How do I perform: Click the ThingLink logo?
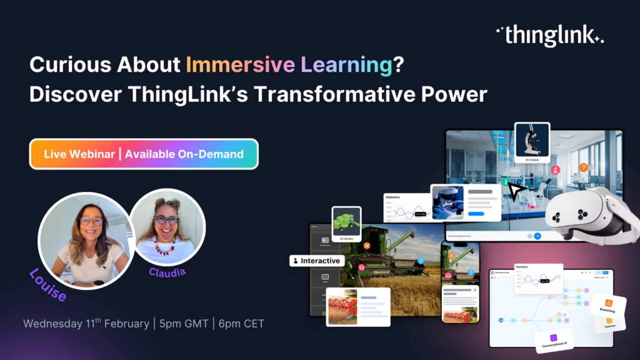pyautogui.click(x=549, y=35)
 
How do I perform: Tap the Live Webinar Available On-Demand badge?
pyautogui.click(x=144, y=154)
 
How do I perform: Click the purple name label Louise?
pyautogui.click(x=49, y=284)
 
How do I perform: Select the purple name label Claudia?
pyautogui.click(x=167, y=272)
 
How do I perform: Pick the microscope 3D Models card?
pyautogui.click(x=532, y=143)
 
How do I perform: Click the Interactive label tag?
pyautogui.click(x=316, y=261)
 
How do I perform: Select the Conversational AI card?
pyautogui.click(x=554, y=341)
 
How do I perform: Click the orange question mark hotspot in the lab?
pyautogui.click(x=583, y=167)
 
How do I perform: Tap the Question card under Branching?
pyautogui.click(x=608, y=323)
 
